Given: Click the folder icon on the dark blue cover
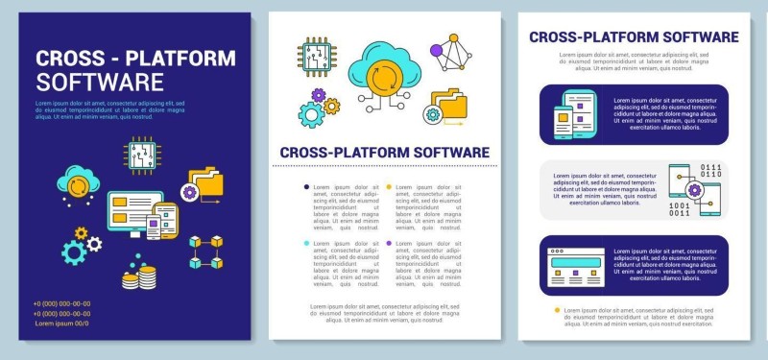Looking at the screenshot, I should point(204,182).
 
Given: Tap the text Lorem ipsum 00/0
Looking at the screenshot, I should point(61,324).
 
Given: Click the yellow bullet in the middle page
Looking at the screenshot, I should point(389,186).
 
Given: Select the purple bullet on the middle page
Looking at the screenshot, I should point(389,244).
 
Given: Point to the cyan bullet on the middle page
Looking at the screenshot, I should point(306,244).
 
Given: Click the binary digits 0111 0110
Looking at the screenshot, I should point(709,173).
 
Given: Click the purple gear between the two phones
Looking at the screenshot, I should point(694,191).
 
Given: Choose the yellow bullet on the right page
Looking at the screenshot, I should point(558,311).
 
